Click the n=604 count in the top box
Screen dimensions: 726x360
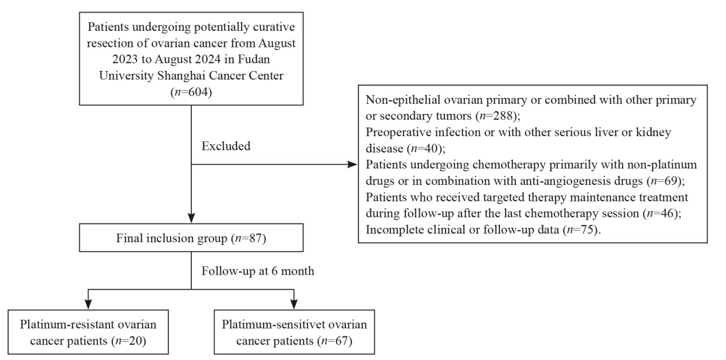tap(191, 92)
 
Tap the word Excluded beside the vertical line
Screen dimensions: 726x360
tap(226, 146)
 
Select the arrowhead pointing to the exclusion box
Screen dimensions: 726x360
tap(352, 164)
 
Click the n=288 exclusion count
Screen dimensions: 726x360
tap(496, 116)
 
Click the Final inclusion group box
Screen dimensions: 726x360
tap(191, 238)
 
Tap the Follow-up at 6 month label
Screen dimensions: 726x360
tap(258, 271)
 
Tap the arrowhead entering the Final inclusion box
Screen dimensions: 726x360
tap(191, 218)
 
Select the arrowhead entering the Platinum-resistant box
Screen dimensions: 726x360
tap(88, 304)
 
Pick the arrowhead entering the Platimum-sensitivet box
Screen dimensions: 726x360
tap(294, 304)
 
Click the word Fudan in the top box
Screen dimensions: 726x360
tap(254, 60)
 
